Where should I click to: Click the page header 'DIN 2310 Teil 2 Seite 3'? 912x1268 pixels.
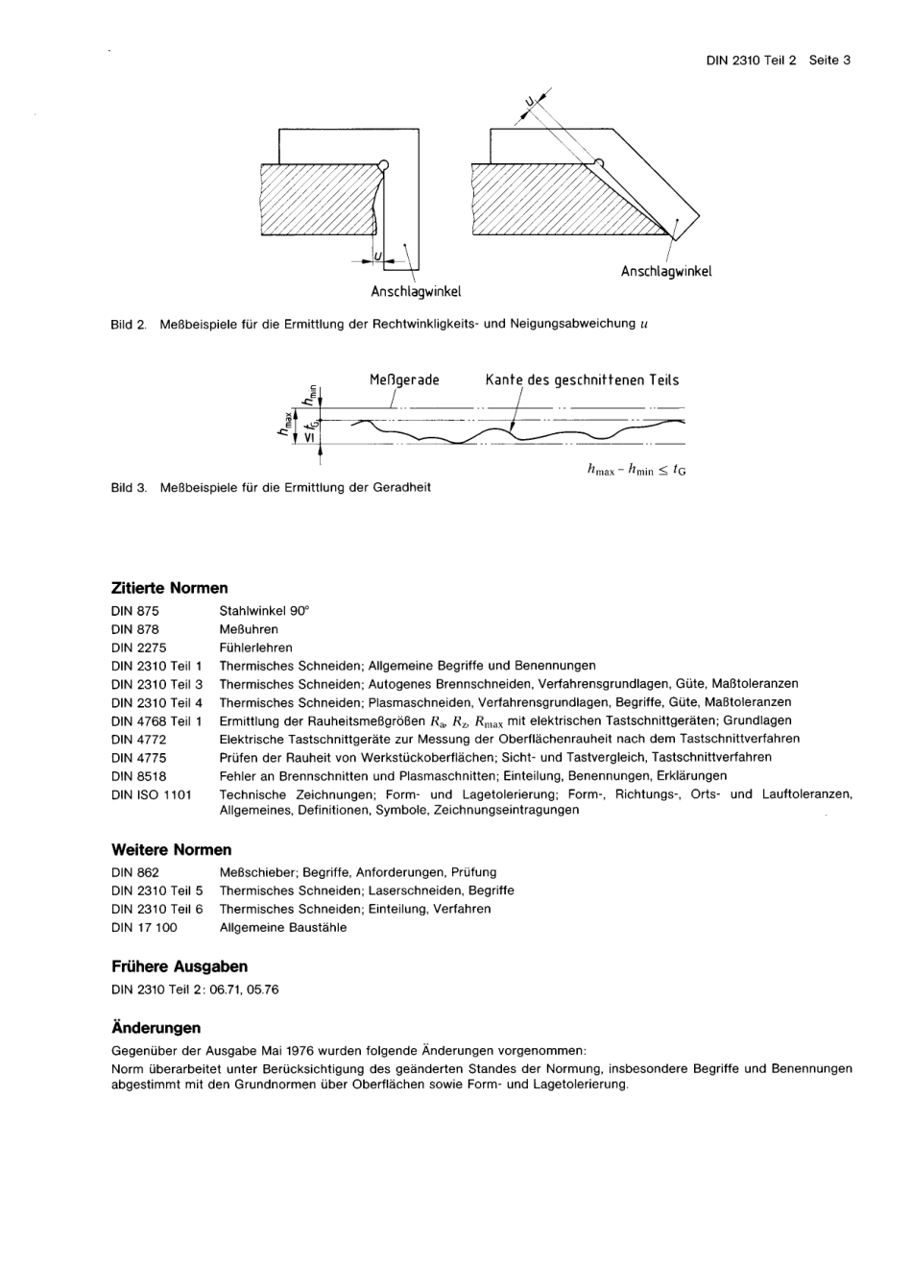click(x=779, y=60)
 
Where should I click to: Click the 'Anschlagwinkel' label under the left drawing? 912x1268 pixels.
click(x=416, y=290)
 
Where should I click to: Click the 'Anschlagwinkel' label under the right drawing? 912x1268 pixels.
click(x=666, y=271)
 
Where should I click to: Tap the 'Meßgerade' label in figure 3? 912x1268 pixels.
click(x=404, y=379)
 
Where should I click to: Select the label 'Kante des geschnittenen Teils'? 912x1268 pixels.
click(x=582, y=379)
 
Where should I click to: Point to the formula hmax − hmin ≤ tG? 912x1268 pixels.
click(x=636, y=470)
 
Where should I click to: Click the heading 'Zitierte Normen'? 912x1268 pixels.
click(x=170, y=587)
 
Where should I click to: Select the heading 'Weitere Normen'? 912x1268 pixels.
click(x=172, y=849)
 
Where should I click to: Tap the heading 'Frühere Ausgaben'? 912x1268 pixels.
click(x=180, y=966)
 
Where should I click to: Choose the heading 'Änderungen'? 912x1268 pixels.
click(x=156, y=1028)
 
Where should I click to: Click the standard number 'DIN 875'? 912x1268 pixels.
click(x=135, y=611)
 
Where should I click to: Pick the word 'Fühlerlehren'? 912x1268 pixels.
click(x=255, y=647)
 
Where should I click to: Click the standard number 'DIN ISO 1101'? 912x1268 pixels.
click(x=152, y=794)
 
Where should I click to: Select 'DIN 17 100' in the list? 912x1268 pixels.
click(x=144, y=927)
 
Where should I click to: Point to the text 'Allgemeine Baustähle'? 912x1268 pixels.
click(x=283, y=927)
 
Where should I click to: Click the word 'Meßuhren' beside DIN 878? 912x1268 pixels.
click(x=249, y=629)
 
